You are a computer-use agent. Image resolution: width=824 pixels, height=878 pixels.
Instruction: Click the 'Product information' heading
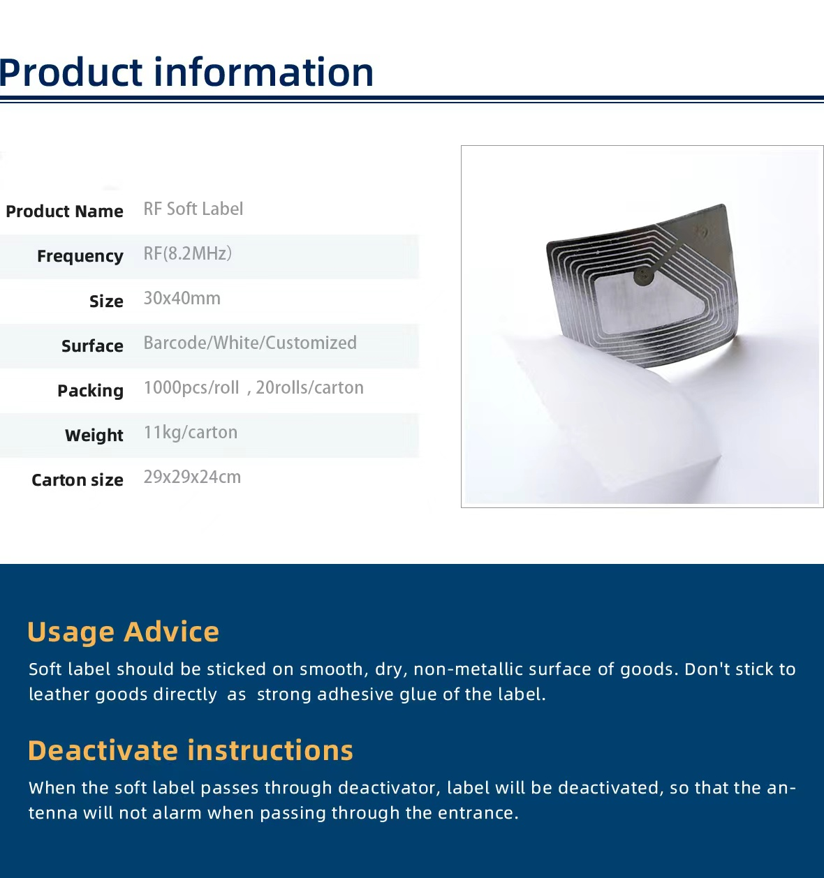[x=186, y=72]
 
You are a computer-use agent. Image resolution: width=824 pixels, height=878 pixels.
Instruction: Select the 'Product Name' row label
[x=64, y=211]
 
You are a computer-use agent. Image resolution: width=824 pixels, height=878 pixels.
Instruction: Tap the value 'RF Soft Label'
[x=193, y=209]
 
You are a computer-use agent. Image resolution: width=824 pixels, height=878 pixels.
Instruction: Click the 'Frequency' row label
[x=80, y=256]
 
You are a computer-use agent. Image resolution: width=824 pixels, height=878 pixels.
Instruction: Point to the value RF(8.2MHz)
[x=188, y=254]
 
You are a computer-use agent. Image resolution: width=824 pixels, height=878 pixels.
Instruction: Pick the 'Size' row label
[x=106, y=301]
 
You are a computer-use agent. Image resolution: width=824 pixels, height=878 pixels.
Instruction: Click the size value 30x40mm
[x=182, y=299]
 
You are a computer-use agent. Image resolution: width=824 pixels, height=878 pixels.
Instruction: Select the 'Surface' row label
[x=92, y=345]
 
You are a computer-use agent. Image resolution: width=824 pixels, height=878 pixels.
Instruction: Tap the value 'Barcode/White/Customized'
[x=250, y=343]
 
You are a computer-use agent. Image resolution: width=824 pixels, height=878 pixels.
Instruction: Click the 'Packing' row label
[x=90, y=391]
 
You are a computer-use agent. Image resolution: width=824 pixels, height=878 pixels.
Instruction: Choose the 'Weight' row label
[x=94, y=436]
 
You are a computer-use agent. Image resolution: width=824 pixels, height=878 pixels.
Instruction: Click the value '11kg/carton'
[x=191, y=433]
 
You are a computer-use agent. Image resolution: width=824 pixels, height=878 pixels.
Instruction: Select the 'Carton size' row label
[x=78, y=480]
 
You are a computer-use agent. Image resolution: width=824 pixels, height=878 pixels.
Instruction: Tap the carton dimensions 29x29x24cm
[x=192, y=477]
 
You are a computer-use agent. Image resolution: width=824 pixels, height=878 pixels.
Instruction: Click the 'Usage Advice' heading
[x=123, y=632]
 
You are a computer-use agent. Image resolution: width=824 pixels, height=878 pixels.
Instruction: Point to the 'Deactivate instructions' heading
[x=191, y=750]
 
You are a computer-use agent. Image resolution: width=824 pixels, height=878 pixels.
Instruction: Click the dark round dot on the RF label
[x=644, y=276]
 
